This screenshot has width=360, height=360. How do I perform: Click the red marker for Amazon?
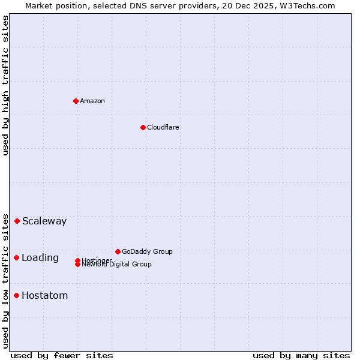[x=76, y=101]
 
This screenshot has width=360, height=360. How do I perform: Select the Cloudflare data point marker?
[x=143, y=127]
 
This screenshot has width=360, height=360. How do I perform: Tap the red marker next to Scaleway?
[x=17, y=221]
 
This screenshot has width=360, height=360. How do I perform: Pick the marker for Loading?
[x=17, y=257]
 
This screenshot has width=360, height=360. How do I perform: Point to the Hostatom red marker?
[x=17, y=295]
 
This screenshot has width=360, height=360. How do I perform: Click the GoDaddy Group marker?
[x=118, y=251]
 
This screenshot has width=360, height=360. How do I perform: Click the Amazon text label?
[x=92, y=101]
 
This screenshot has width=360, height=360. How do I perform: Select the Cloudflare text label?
[x=163, y=127]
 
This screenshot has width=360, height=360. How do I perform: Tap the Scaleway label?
[x=44, y=221]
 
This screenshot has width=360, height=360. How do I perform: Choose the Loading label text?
[x=40, y=258]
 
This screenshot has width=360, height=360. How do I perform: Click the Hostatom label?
[x=45, y=296]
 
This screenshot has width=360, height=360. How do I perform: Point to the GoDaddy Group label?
[x=147, y=251]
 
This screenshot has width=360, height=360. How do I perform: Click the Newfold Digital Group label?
[x=117, y=265]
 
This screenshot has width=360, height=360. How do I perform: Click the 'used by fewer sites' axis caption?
[x=62, y=356]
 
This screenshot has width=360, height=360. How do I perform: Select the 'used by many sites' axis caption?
[x=301, y=356]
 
